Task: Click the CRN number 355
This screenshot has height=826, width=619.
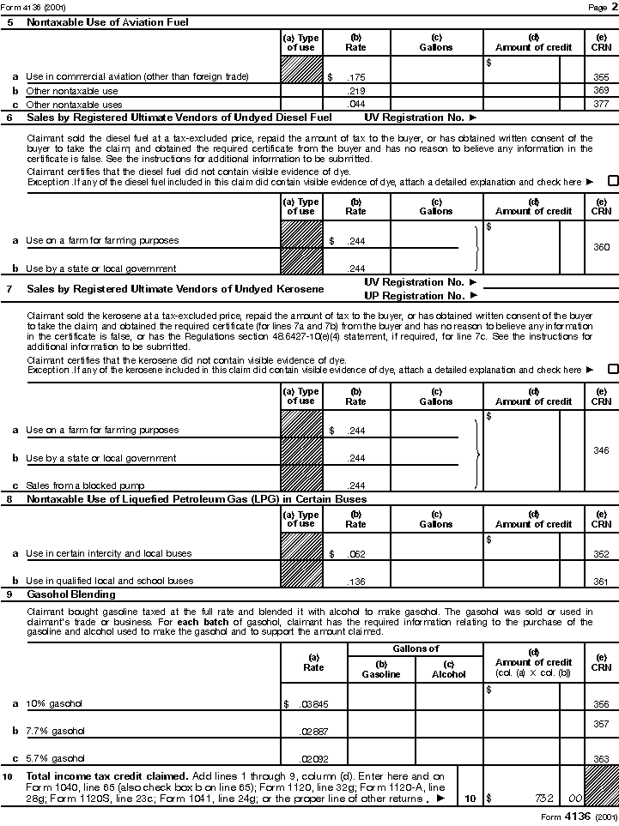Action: coord(601,77)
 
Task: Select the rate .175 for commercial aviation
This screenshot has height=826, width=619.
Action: coord(356,77)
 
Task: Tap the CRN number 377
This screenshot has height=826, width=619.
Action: coord(601,104)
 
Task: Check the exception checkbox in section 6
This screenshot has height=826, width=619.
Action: coord(613,181)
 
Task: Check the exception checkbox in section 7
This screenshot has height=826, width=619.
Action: coord(613,370)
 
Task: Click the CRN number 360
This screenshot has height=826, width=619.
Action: coord(601,247)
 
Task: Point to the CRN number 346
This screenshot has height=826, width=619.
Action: coord(601,450)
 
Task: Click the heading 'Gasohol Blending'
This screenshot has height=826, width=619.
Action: coord(71,594)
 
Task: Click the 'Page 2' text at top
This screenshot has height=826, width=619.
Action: coord(598,7)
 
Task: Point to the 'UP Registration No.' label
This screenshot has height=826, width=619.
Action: coord(415,295)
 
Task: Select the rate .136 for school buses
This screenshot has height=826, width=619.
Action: coord(356,581)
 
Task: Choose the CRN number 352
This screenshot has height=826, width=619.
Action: coord(601,554)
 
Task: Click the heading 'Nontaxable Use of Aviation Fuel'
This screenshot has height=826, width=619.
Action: coord(107,22)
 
